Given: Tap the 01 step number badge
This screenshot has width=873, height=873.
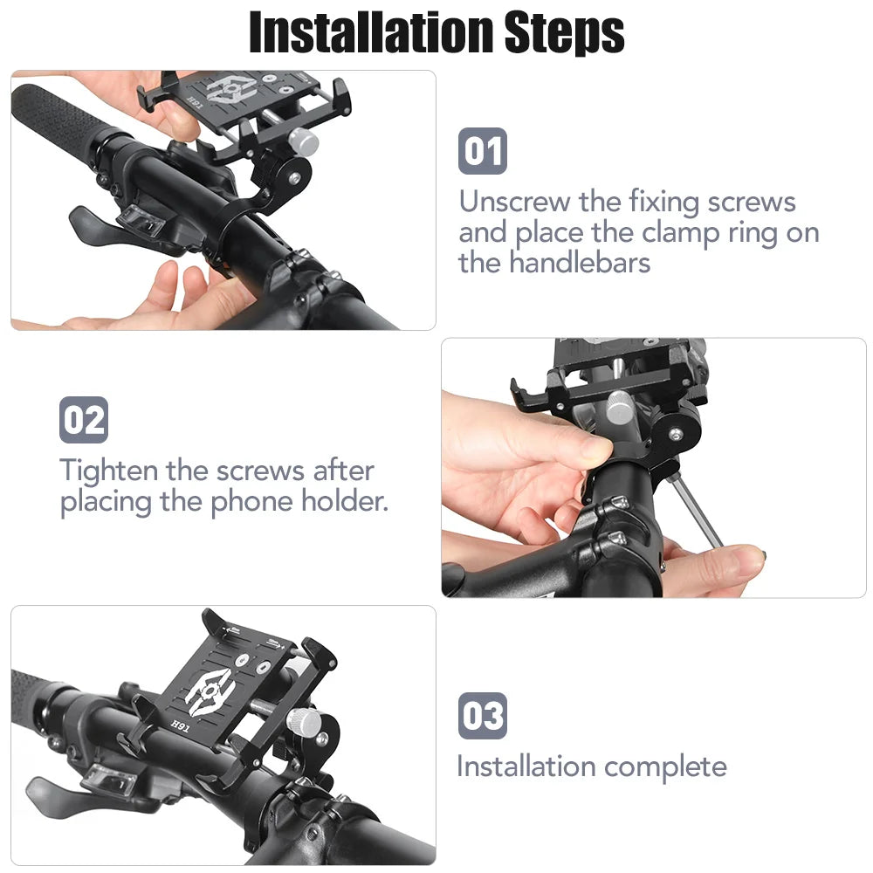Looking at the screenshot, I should (x=482, y=151).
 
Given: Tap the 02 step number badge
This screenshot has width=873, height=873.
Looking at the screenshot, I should (x=84, y=420).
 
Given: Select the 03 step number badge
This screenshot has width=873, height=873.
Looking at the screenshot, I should (x=482, y=717).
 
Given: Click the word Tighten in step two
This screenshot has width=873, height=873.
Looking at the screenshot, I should (x=109, y=471).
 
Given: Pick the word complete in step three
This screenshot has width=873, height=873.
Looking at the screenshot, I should (x=664, y=767).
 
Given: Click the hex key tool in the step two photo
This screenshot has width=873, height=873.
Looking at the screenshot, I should (x=698, y=515).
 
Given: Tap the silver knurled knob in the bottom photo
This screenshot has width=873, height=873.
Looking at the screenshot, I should (x=306, y=721).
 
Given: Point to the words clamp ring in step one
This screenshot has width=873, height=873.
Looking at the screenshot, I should (x=707, y=233).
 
